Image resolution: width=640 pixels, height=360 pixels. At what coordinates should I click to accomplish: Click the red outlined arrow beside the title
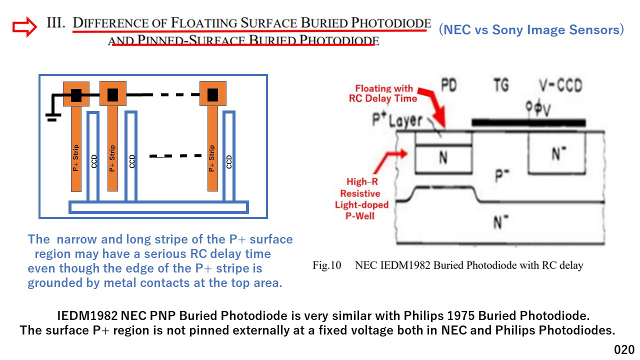pyautogui.click(x=24, y=27)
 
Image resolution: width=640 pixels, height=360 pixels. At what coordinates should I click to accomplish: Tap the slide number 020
pyautogui.click(x=624, y=349)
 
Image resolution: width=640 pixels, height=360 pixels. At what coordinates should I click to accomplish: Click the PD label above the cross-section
pyautogui.click(x=449, y=85)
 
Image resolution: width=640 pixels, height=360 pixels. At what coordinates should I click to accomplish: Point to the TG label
pyautogui.click(x=501, y=85)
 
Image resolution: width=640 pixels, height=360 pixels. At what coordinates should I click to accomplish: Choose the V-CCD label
pyautogui.click(x=560, y=85)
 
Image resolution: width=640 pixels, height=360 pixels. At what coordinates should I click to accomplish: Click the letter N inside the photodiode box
pyautogui.click(x=443, y=157)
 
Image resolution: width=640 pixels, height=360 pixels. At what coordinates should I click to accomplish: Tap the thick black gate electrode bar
pyautogui.click(x=528, y=123)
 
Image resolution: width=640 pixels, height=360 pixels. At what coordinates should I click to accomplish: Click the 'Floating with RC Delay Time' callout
pyautogui.click(x=383, y=93)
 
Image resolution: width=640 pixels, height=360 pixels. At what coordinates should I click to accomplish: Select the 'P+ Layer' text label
pyautogui.click(x=397, y=119)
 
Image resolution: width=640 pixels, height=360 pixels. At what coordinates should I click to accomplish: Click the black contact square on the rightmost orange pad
pyautogui.click(x=212, y=95)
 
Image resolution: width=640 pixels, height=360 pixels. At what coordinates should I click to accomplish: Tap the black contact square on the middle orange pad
pyautogui.click(x=112, y=95)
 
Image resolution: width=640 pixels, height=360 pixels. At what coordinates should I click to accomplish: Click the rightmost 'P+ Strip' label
pyautogui.click(x=211, y=158)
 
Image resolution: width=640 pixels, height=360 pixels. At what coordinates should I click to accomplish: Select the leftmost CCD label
pyautogui.click(x=94, y=161)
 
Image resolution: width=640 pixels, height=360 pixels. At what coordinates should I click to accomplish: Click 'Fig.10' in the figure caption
pyautogui.click(x=327, y=265)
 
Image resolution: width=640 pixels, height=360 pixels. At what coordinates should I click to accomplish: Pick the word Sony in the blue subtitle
pyautogui.click(x=507, y=29)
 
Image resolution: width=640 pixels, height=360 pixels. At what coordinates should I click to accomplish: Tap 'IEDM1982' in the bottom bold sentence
pyautogui.click(x=87, y=315)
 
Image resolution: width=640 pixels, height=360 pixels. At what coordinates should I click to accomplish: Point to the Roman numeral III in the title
pyautogui.click(x=56, y=22)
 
